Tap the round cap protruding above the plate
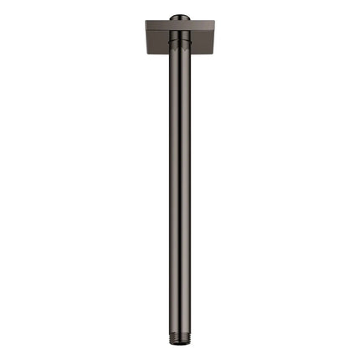180,16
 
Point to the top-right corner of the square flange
216,22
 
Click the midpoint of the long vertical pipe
180,184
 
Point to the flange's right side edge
215,38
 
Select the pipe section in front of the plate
180,42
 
